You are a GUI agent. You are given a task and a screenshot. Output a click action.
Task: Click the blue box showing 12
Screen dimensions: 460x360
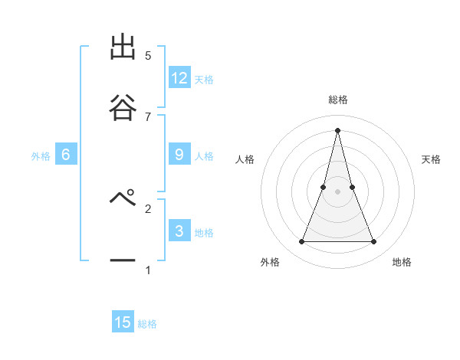[179, 77]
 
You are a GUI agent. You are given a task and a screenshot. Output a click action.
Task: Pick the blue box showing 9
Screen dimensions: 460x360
[179, 155]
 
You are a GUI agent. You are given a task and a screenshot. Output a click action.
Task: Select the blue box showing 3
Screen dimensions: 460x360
[179, 231]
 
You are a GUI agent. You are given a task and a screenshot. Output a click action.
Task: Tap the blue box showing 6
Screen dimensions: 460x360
[66, 155]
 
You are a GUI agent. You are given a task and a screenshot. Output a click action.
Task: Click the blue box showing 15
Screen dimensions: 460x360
[123, 322]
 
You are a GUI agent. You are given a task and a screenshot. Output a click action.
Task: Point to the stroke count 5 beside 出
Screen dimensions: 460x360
[148, 55]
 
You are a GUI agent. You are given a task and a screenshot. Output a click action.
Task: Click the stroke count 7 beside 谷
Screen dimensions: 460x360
[148, 116]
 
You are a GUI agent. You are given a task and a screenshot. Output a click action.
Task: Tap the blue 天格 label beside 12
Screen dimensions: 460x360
[204, 80]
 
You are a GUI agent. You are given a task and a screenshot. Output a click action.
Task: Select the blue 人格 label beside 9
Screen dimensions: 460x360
[204, 156]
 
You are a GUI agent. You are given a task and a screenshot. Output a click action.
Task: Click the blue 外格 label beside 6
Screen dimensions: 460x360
[41, 156]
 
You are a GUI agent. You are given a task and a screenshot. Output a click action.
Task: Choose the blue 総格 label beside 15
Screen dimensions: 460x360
[147, 324]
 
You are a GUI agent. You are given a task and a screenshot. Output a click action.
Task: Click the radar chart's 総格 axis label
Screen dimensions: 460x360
[337, 100]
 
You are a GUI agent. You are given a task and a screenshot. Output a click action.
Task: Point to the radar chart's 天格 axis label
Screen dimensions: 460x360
[431, 159]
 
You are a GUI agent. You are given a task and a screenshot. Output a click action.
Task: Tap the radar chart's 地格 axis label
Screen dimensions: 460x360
[402, 262]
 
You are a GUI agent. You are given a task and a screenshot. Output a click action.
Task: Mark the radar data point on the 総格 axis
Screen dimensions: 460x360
[337, 129]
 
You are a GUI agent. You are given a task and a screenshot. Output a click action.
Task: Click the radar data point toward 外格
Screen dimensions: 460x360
[301, 242]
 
